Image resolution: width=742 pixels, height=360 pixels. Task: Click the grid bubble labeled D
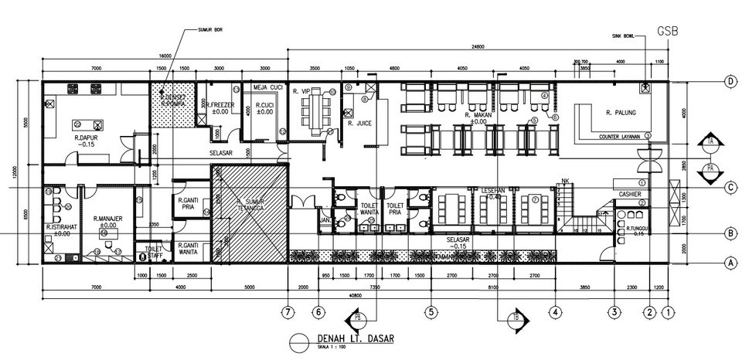pos(729,81)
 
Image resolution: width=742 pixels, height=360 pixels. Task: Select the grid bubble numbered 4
pos(555,312)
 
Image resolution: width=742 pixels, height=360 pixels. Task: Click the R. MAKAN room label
pos(478,115)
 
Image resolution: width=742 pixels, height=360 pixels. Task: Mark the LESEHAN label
pos(493,190)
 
